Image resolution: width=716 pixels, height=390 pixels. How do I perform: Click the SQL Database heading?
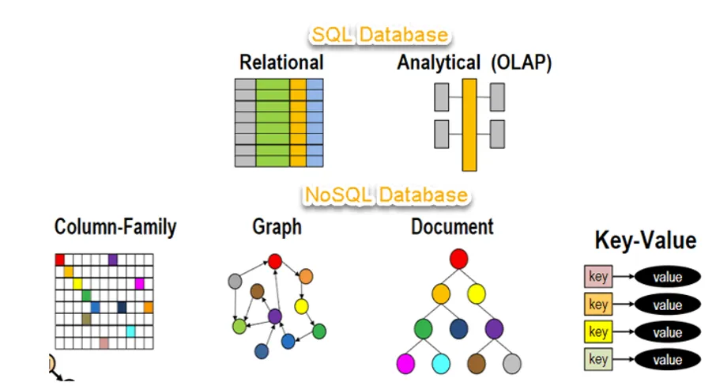tap(380, 35)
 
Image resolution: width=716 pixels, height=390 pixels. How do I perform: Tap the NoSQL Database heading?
tap(386, 195)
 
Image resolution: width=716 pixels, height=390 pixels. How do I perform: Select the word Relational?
tap(281, 62)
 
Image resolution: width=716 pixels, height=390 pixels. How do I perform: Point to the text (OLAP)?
tap(521, 62)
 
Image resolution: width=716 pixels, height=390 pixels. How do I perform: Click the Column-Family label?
tap(115, 227)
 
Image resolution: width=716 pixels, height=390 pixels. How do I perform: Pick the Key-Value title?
tap(645, 240)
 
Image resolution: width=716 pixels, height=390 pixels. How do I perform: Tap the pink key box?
tap(598, 276)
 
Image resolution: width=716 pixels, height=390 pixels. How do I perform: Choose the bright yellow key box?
tap(598, 331)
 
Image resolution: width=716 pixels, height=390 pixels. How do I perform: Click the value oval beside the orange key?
tap(667, 305)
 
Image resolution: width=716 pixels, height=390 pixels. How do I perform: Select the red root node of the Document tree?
tap(458, 259)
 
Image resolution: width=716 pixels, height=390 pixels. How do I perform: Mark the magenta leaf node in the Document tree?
tap(405, 364)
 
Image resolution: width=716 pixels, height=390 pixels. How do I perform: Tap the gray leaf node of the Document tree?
tap(512, 364)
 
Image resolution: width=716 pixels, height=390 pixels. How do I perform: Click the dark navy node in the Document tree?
tap(458, 329)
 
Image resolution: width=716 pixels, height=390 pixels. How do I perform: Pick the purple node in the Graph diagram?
tap(274, 316)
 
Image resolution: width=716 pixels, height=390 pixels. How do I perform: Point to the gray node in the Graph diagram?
tap(235, 281)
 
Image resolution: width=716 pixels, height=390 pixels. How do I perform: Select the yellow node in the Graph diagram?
tap(301, 306)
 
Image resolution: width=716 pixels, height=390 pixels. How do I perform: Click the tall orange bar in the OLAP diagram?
tap(469, 125)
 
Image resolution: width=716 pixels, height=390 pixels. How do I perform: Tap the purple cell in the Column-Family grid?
tap(113, 259)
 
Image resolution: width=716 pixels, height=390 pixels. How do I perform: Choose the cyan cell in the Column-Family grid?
tap(130, 331)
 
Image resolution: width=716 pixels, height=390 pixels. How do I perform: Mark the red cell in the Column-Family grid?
tap(60, 259)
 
